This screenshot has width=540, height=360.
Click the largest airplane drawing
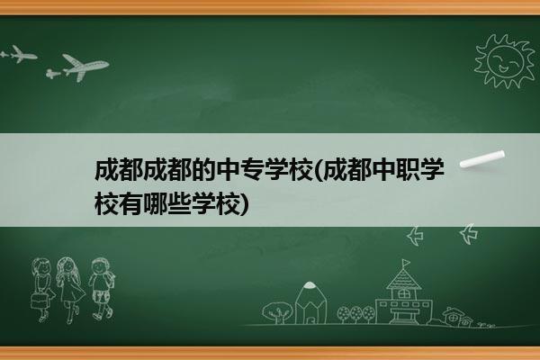85,67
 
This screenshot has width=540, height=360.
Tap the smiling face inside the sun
506,61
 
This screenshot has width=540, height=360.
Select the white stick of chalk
482,158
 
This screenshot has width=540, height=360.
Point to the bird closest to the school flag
415,236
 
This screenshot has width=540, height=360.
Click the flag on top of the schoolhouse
407,263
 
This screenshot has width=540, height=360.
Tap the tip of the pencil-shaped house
310,284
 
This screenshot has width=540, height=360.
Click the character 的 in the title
203,170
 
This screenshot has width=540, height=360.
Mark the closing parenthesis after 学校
244,204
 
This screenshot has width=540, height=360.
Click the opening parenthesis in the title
318,170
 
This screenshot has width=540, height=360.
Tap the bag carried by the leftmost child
38,301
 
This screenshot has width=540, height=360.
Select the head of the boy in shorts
100,266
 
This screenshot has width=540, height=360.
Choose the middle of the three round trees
356,313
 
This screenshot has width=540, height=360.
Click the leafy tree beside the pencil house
277,312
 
